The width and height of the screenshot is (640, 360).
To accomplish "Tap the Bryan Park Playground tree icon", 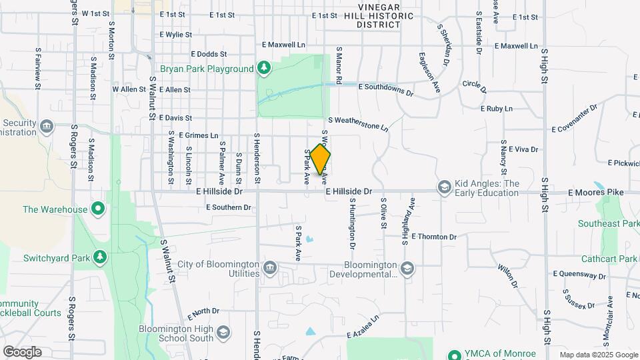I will pos(265,68).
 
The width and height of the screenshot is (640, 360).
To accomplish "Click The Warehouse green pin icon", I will pos(98,209).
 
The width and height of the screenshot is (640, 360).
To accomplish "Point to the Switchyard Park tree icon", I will pos(100,257).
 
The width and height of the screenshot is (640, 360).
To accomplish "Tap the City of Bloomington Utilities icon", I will pos(270,268).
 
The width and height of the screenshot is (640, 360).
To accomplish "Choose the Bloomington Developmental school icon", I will pos(408,268).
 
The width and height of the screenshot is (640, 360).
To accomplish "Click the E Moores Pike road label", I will pos(595,192).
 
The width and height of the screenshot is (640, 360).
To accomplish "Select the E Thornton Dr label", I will pos(434,237).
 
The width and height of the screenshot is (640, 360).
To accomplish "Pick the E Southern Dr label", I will pos(229,207).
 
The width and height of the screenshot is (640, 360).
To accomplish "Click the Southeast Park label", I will pos(609,223).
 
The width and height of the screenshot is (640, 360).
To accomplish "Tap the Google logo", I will pos(22,351).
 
